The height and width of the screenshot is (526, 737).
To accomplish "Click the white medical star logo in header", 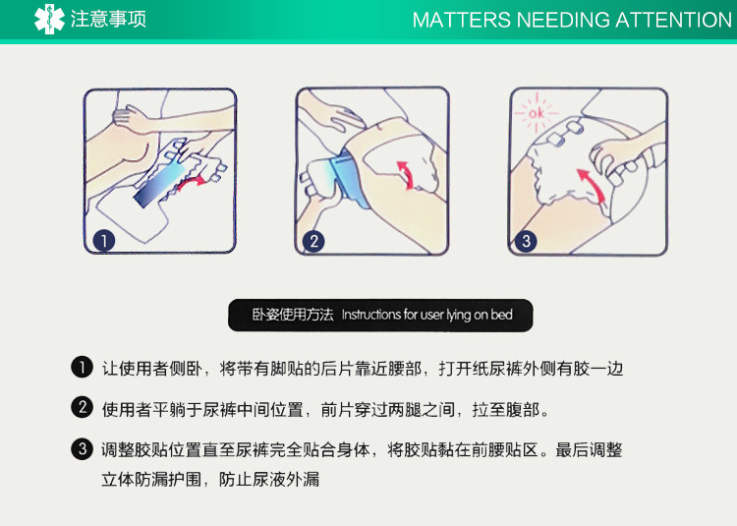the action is (49, 20).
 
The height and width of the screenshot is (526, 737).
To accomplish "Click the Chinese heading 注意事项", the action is (108, 20).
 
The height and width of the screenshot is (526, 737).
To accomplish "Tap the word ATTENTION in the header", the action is (673, 21).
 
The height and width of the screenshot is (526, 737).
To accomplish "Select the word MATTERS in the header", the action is (461, 21).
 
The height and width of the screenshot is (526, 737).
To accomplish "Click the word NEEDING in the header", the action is (563, 21).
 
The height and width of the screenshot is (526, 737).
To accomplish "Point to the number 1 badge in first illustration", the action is (104, 241).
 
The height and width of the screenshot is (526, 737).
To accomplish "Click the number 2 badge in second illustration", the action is (313, 241).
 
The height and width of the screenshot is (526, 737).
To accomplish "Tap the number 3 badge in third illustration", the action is (526, 241).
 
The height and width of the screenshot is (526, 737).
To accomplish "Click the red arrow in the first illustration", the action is (191, 183).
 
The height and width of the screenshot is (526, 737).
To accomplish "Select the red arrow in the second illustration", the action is (407, 175).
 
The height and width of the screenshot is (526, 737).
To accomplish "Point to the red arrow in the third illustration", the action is (594, 185).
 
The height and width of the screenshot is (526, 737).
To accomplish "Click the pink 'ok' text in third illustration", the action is (537, 113).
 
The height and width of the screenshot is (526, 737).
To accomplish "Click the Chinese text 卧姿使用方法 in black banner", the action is (293, 315).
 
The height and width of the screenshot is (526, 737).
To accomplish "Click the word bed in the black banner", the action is (501, 315).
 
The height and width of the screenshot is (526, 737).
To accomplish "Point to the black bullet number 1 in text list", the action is (83, 367).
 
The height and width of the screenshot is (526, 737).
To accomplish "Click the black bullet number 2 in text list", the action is (83, 408).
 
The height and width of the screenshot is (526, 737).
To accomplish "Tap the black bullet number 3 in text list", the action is (83, 449).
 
